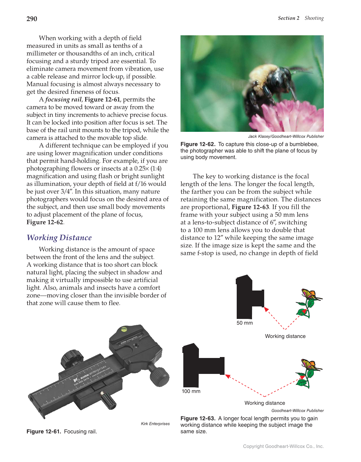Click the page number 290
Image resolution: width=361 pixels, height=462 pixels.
(x=32, y=19)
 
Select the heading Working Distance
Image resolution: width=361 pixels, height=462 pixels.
(x=59, y=238)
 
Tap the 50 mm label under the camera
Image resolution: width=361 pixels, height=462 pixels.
(x=245, y=323)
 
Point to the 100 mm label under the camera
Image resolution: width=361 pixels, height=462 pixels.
(x=191, y=391)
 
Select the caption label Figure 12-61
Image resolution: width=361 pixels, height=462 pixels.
(x=44, y=431)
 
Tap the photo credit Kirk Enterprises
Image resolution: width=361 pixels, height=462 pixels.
(x=155, y=424)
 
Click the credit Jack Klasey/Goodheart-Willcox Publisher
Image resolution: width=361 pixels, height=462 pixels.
(x=286, y=137)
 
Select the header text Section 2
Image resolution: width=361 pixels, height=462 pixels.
(x=289, y=18)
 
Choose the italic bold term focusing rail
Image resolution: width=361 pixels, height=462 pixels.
(x=63, y=100)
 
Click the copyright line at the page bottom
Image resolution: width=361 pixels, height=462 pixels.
(x=283, y=446)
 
